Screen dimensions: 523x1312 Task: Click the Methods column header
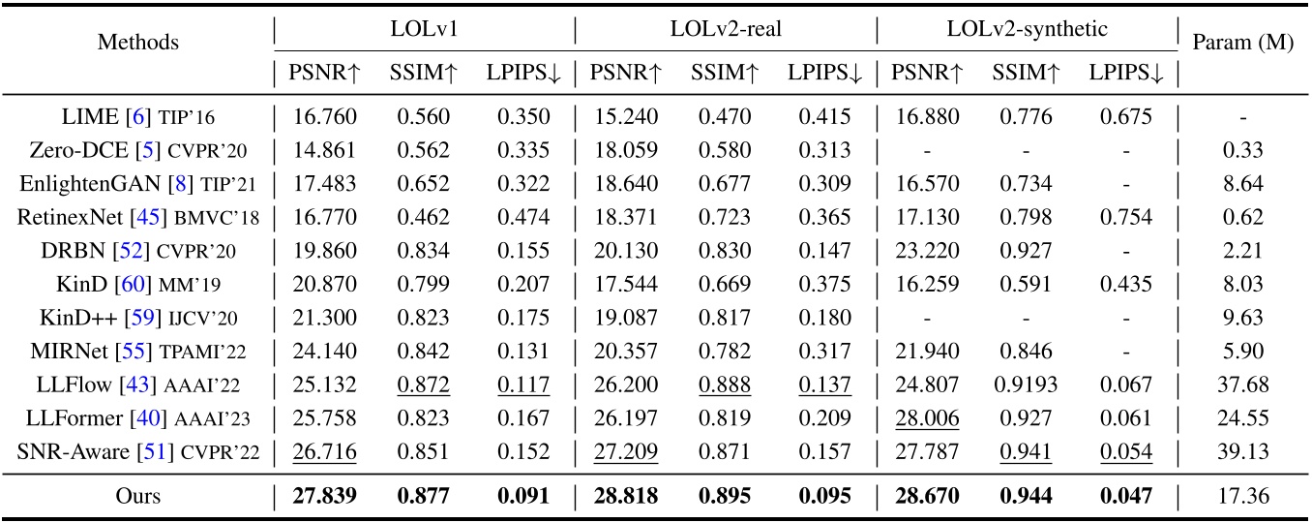click(138, 43)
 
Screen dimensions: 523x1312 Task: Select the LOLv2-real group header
click(726, 29)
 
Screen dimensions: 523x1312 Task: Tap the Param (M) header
click(1242, 43)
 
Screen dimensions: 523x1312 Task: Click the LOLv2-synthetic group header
click(1027, 29)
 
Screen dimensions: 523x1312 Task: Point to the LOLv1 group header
click(424, 29)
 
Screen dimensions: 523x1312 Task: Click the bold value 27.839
click(324, 497)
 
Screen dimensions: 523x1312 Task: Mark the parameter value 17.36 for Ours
click(1242, 497)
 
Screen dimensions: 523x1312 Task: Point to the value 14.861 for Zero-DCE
click(324, 151)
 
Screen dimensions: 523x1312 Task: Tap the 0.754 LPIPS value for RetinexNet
click(1125, 218)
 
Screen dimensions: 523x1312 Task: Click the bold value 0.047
click(1125, 497)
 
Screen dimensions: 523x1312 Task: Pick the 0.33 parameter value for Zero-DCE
click(1242, 151)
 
